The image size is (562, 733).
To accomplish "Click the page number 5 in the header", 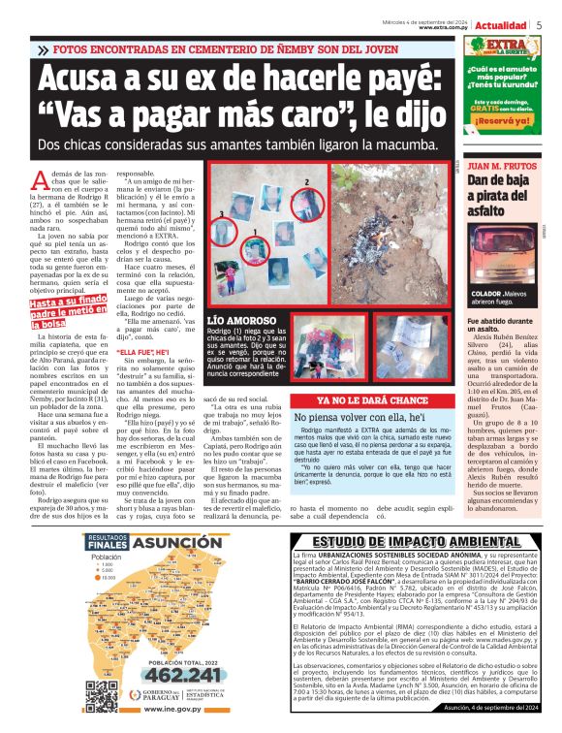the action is click(x=538, y=25).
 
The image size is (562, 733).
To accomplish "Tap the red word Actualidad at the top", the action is click(x=500, y=25).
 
